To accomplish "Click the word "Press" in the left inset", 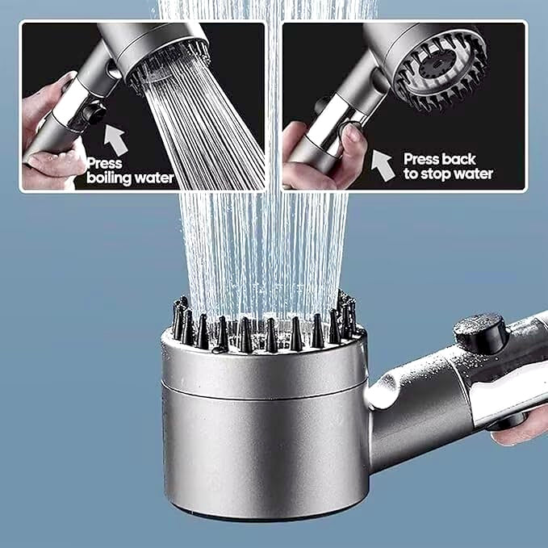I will tap(104, 161).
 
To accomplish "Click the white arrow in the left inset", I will tap(118, 139).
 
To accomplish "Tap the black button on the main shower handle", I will tap(479, 330).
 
